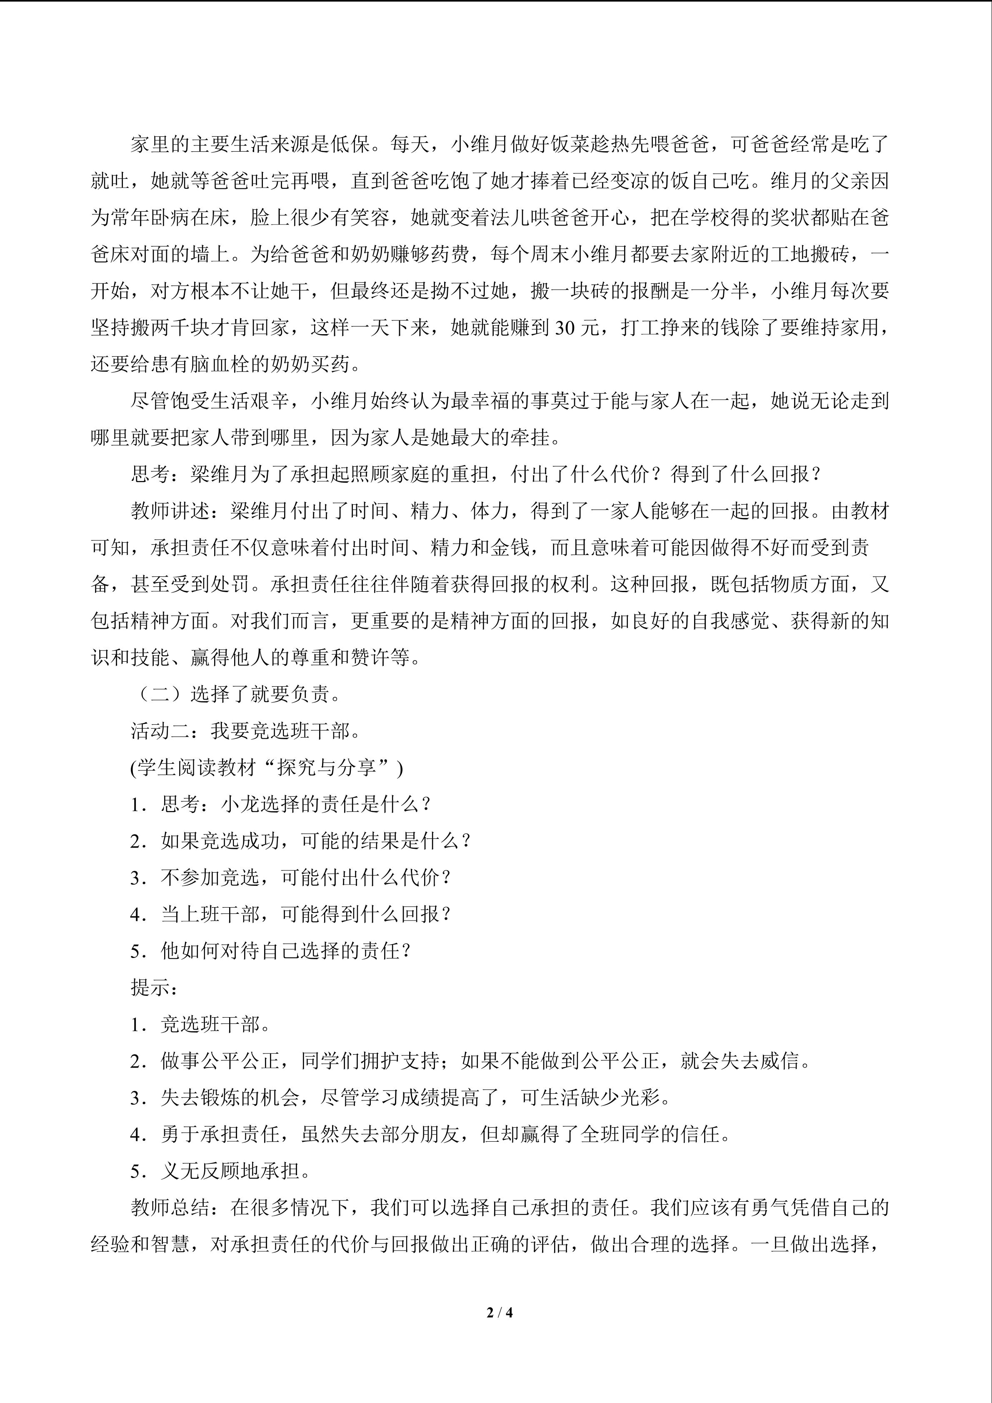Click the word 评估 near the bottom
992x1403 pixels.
(x=550, y=1244)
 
